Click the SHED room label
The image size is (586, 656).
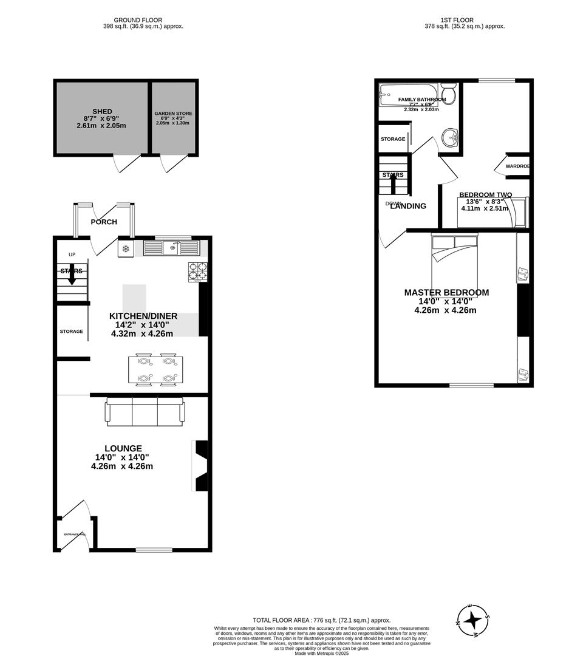click(x=102, y=111)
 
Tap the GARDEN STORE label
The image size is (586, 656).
click(x=172, y=114)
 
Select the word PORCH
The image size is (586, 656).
click(x=104, y=222)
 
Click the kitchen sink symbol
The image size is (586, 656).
click(x=172, y=248)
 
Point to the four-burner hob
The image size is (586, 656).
click(x=197, y=271)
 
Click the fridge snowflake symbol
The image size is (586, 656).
click(x=126, y=248)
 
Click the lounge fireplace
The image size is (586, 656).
click(x=200, y=465)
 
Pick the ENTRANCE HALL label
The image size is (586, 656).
click(x=75, y=535)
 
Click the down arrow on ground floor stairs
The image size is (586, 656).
click(x=72, y=275)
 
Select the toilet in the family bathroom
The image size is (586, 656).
click(x=448, y=94)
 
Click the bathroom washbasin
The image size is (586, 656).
click(x=451, y=137)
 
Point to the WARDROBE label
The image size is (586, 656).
click(x=517, y=166)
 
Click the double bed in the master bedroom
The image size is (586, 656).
click(x=454, y=253)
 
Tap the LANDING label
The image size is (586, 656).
click(x=408, y=206)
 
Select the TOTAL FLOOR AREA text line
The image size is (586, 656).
click(x=321, y=620)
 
